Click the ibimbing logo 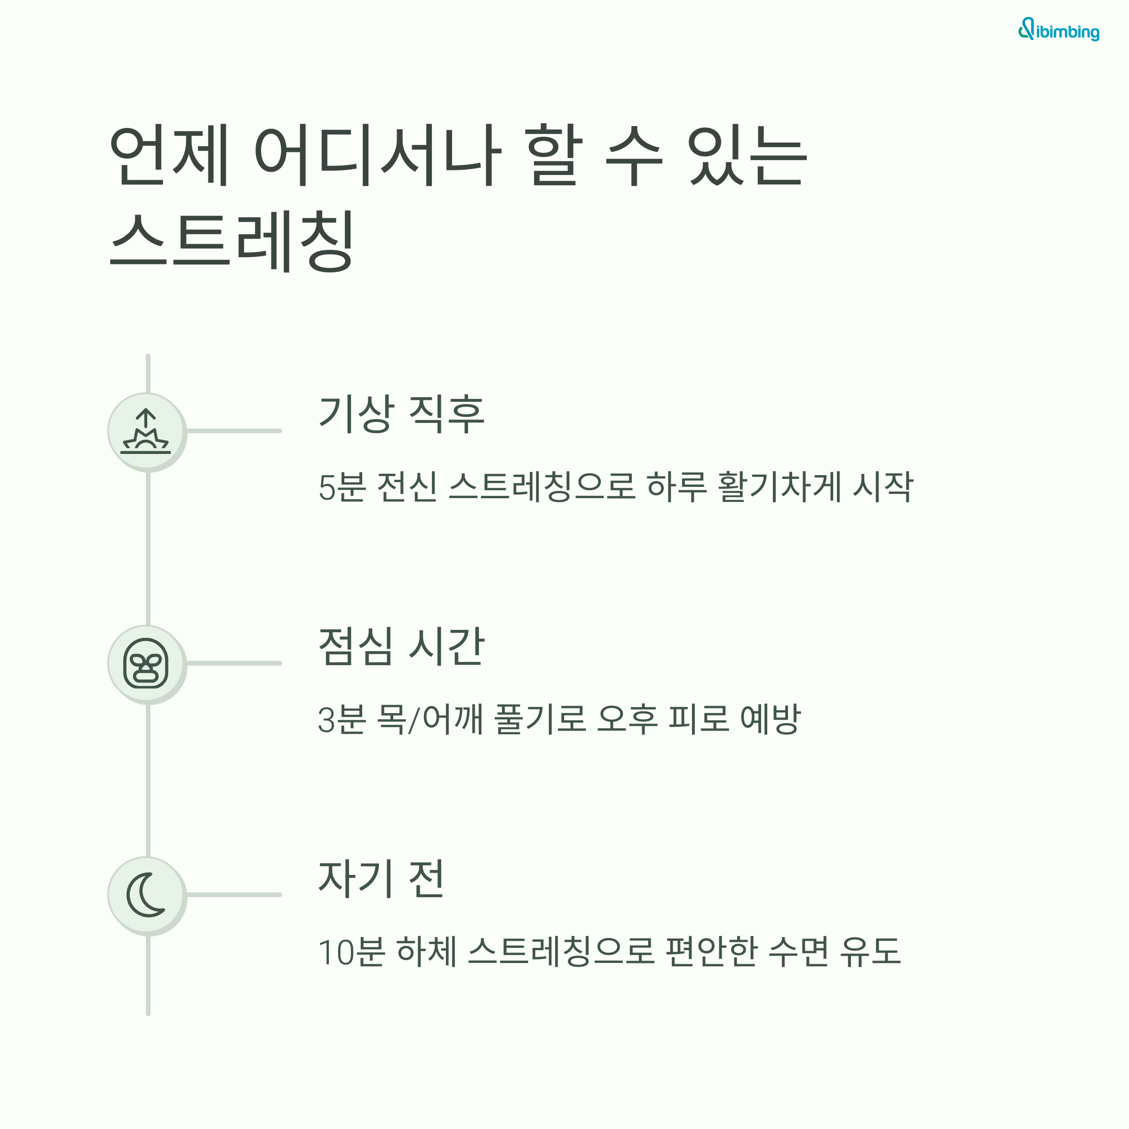[x=1058, y=31]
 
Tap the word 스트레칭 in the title [x=232, y=241]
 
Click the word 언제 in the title [x=169, y=155]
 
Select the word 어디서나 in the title [x=377, y=155]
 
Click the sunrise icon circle [x=146, y=431]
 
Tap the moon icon [x=146, y=895]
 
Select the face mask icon [x=146, y=663]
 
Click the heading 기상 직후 [x=401, y=414]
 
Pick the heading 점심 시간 [x=401, y=646]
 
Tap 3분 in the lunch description [x=341, y=719]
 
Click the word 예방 [x=770, y=719]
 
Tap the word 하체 [x=427, y=951]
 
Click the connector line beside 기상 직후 [x=234, y=431]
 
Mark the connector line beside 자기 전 [x=234, y=895]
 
